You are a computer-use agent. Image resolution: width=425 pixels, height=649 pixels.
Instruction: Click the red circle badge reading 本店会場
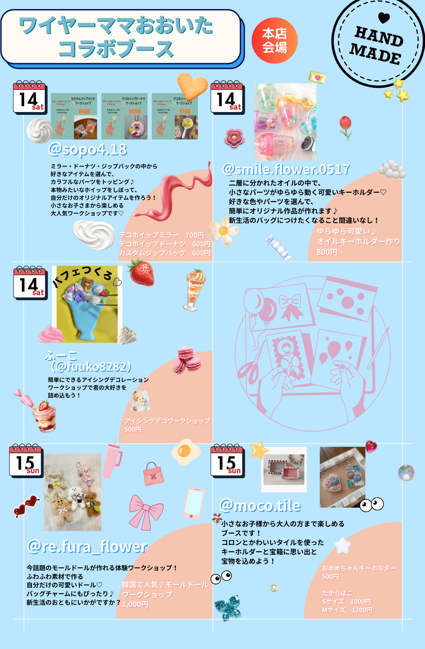274,40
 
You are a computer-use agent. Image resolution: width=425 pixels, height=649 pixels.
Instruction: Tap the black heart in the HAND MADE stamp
384,18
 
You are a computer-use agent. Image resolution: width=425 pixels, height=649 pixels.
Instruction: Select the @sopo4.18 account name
88,149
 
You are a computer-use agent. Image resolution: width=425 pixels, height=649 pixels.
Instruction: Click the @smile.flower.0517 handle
286,169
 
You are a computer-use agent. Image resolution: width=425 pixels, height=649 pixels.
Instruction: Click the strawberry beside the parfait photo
142,273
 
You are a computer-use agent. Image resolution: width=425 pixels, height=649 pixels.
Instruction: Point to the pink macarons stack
186,360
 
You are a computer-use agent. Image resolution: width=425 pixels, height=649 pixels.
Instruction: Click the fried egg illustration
186,452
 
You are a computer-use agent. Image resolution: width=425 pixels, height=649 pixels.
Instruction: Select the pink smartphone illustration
194,503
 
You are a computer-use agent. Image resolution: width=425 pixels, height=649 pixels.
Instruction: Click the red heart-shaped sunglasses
26,506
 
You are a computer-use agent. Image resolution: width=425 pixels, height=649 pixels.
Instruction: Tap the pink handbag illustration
153,474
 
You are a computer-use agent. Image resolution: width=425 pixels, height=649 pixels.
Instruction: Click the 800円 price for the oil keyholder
327,252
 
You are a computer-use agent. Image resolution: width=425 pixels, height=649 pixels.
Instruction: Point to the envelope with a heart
317,77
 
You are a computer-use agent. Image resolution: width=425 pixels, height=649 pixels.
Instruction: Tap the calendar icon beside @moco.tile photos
227,461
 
